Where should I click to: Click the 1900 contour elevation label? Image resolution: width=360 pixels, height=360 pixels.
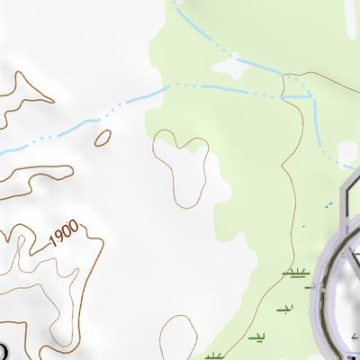coord(64,236)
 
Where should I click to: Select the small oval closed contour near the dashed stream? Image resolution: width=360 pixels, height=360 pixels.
coord(103,138)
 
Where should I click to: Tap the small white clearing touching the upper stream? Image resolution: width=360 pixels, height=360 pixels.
coord(230,67)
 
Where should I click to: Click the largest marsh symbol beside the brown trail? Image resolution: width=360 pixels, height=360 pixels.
coord(294,272)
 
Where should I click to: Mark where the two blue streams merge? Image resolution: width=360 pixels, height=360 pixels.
coord(309,95)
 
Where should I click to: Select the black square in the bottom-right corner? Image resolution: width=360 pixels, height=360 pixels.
coord(355,354)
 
